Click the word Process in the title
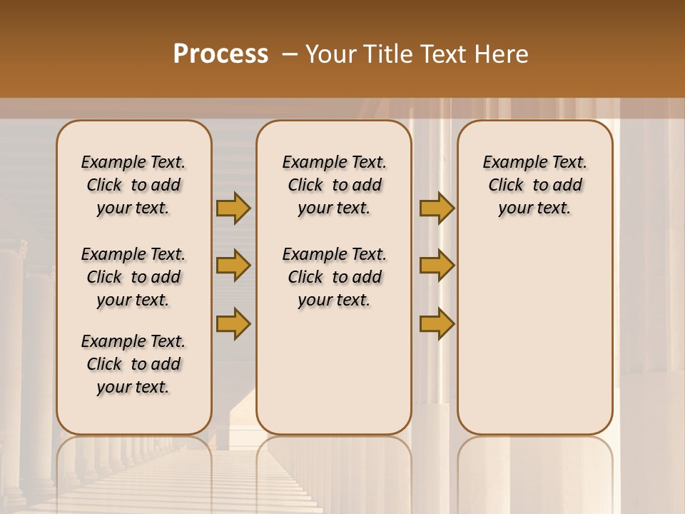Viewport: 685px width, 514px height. pos(220,54)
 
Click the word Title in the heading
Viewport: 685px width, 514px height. pos(388,54)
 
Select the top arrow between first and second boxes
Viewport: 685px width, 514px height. pos(233,208)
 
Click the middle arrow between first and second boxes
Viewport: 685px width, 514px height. pos(233,266)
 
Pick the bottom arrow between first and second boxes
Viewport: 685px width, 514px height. pos(233,323)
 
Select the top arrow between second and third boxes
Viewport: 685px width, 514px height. pos(437,208)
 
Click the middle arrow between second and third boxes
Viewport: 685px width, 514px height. pos(437,266)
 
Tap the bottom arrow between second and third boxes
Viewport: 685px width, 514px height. pos(437,323)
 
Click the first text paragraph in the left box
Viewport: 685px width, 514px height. pos(133,185)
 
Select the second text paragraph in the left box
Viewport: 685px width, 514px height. pos(133,277)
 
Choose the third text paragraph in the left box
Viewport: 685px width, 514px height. pos(133,364)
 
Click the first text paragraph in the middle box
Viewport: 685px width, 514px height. pos(334,185)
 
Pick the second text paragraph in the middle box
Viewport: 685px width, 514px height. pos(334,277)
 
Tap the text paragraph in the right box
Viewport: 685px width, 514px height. pos(535,185)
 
